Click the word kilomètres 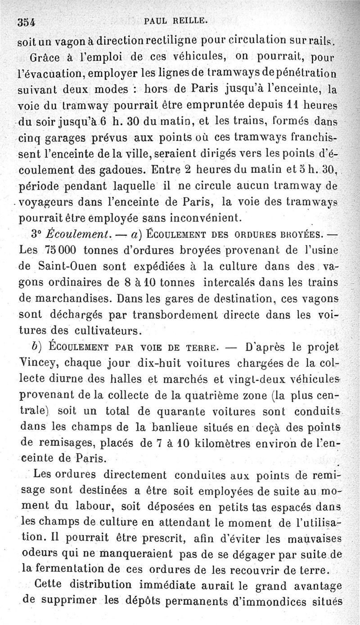(194, 444)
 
